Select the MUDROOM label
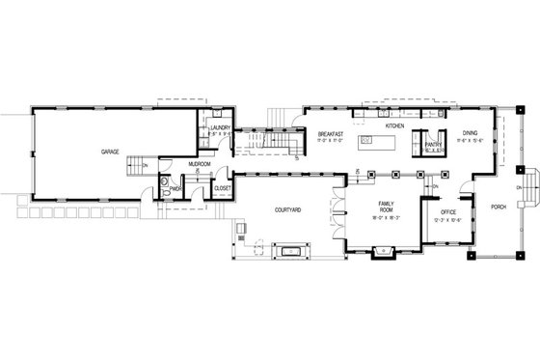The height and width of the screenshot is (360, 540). tap(200, 164)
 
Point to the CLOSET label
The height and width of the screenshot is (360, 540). tap(222, 188)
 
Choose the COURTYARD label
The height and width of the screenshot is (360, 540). tap(288, 208)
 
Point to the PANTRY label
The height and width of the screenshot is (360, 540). tap(433, 145)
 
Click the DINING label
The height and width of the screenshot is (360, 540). tap(470, 132)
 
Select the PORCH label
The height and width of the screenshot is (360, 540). tap(498, 208)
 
